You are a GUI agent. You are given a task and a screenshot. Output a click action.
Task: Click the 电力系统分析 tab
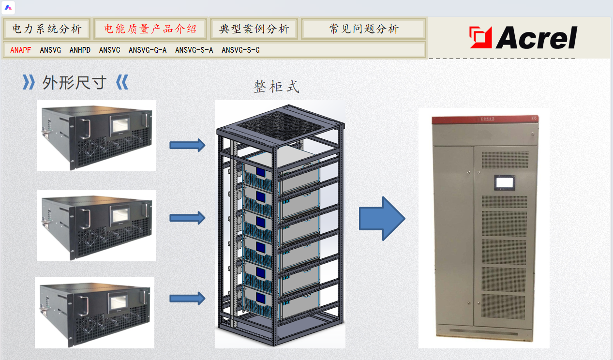tap(47, 29)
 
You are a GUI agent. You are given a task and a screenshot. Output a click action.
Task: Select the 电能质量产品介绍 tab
tap(150, 29)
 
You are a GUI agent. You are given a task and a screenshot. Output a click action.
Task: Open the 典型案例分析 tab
tap(254, 29)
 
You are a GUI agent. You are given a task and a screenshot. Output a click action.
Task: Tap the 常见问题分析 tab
tap(364, 29)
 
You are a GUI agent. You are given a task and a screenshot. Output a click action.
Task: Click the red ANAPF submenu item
tap(21, 50)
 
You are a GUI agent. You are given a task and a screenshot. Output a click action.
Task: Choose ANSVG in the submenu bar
tap(50, 50)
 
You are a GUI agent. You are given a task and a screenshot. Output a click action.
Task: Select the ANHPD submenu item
tap(80, 50)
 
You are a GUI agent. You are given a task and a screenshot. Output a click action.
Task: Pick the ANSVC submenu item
tap(109, 50)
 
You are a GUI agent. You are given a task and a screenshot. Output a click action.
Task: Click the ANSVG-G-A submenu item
tap(148, 50)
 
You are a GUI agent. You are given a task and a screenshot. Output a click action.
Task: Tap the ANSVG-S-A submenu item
tap(194, 50)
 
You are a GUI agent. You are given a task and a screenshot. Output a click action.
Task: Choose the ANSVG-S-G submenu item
tap(240, 50)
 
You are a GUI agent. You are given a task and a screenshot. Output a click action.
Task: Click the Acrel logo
tap(523, 38)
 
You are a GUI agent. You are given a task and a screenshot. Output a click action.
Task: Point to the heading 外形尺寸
tap(74, 83)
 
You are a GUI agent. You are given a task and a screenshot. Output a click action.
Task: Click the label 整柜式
tap(276, 87)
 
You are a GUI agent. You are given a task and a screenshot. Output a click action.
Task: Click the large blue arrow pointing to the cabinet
tap(381, 218)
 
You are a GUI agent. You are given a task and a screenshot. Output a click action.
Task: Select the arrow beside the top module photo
tap(187, 145)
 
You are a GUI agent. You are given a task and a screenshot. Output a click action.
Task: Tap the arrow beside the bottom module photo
tap(187, 298)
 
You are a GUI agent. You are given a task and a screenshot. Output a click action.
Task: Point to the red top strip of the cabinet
tap(484, 118)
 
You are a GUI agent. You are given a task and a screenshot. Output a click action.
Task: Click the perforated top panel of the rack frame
tap(280, 123)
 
